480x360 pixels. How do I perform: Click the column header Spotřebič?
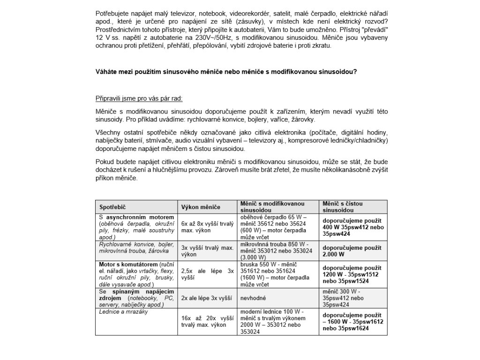pyautogui.click(x=113, y=207)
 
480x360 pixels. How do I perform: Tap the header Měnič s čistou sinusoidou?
pyautogui.click(x=342, y=207)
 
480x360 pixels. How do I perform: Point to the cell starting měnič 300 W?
pyautogui.click(x=344, y=297)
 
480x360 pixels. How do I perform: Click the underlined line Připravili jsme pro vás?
pyautogui.click(x=139, y=99)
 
